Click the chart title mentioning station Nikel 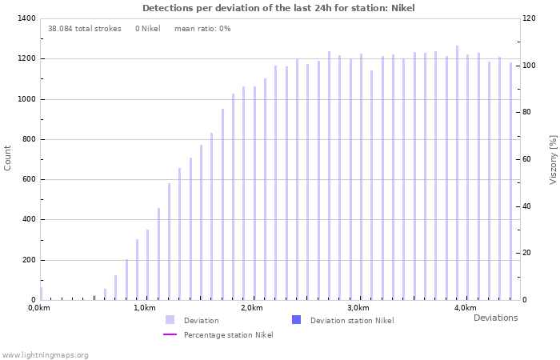click(278, 8)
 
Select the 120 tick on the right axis click(530, 18)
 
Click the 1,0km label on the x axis click(145, 308)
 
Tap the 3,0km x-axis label click(358, 308)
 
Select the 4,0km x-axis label click(465, 308)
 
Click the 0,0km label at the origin click(39, 308)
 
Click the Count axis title click(8, 158)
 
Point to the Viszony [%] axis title click(552, 159)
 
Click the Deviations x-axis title click(495, 318)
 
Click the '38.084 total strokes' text click(84, 29)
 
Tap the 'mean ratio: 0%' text click(202, 29)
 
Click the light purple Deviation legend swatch click(170, 320)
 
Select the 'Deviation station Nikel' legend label click(351, 320)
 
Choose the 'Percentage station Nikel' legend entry click(228, 334)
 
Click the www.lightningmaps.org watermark click(45, 354)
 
